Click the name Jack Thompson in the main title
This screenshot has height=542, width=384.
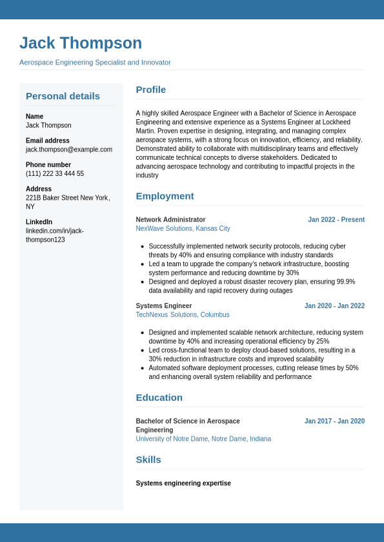coord(81,43)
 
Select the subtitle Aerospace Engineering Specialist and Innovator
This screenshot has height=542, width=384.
coord(95,63)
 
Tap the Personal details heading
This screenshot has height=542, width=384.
coord(63,96)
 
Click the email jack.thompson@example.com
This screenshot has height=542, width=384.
coord(69,150)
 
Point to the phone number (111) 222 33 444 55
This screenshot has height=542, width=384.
coord(55,174)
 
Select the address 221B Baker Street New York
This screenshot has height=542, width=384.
coord(67,198)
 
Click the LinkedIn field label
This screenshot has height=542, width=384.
coord(39,222)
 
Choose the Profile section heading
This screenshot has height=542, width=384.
coord(151,90)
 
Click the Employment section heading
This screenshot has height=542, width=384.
coord(165,196)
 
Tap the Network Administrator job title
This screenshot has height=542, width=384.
coord(170,220)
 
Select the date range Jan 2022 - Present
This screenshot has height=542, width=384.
coord(336,220)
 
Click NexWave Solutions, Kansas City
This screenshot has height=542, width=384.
coord(183,229)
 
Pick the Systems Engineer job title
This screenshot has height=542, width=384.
coord(164,306)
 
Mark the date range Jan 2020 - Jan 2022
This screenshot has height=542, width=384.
coord(334,306)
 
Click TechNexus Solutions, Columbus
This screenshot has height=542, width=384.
coord(183,315)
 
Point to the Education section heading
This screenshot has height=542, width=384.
coord(159,398)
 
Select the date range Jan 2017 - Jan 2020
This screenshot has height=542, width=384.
coord(334,421)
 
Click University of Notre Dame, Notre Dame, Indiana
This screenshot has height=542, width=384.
coord(203,439)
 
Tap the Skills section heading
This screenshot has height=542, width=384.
coord(148,460)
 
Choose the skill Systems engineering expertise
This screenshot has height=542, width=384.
coord(183,483)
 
